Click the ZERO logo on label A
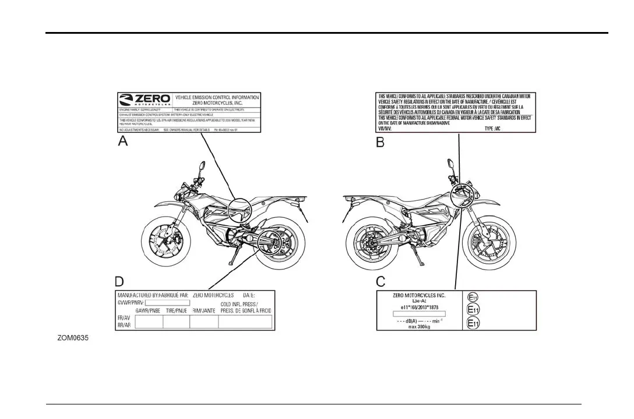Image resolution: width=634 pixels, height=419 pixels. [145, 100]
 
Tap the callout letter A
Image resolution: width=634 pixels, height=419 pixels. [124, 141]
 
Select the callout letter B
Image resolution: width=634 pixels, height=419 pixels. [381, 141]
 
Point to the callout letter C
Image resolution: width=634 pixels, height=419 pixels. [381, 282]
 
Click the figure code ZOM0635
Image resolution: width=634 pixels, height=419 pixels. [73, 338]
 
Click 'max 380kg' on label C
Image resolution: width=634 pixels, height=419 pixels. [420, 326]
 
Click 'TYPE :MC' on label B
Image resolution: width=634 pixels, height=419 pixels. [493, 129]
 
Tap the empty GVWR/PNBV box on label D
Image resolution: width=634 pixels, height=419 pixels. [168, 303]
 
